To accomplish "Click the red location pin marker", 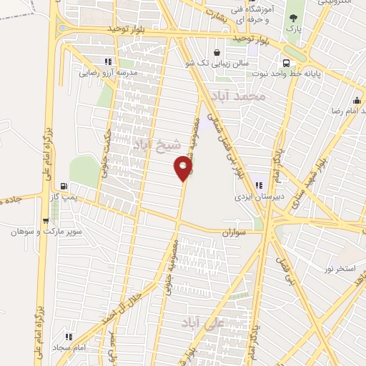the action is (x=184, y=169).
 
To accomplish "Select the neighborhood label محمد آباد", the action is (x=244, y=95).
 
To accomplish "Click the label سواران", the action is (x=233, y=233).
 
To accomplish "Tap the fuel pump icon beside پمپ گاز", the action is (x=65, y=187).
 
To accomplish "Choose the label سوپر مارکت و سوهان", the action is (x=47, y=232).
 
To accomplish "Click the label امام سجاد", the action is (x=70, y=346).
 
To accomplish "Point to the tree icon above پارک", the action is (x=292, y=19).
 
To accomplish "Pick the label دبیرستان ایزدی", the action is (x=256, y=196).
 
